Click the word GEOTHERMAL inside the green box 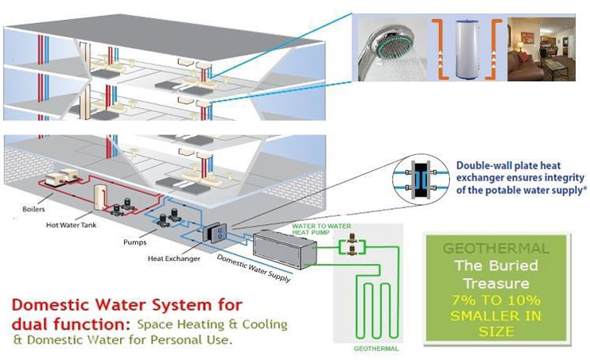[499, 248]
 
